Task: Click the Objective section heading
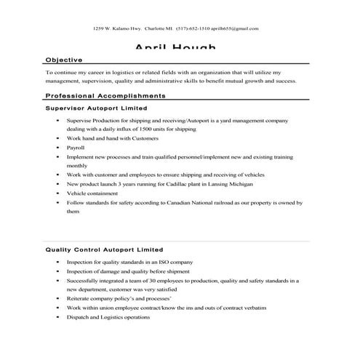coord(63,60)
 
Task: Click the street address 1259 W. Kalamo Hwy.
coord(118,28)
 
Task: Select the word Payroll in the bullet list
coord(76,147)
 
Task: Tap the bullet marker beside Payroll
coord(57,147)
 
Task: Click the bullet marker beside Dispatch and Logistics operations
coord(57,317)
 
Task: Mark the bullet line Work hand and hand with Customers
coord(102,137)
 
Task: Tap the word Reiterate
coord(80,298)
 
